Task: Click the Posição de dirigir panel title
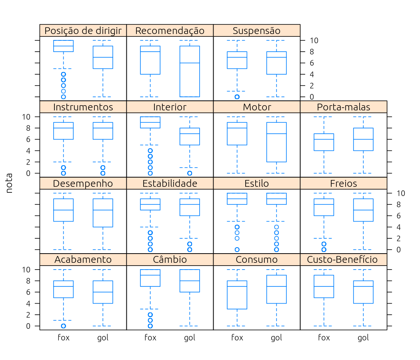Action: pyautogui.click(x=83, y=31)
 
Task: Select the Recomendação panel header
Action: pyautogui.click(x=170, y=31)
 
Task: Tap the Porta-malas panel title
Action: pyautogui.click(x=343, y=107)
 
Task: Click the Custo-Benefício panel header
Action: pyautogui.click(x=342, y=259)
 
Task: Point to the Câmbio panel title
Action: pyautogui.click(x=170, y=259)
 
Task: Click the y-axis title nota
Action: pyautogui.click(x=9, y=183)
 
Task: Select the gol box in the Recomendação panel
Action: pyautogui.click(x=190, y=71)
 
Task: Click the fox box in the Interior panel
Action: pyautogui.click(x=150, y=122)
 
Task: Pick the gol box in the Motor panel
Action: pyautogui.click(x=276, y=142)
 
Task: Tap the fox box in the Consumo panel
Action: pyautogui.click(x=237, y=295)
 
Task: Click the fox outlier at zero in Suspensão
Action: pyautogui.click(x=237, y=97)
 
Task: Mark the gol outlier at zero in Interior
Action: pyautogui.click(x=190, y=173)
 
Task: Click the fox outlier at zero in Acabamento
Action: pyautogui.click(x=64, y=326)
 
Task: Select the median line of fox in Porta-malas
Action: pyautogui.click(x=324, y=139)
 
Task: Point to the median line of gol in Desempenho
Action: pyautogui.click(x=103, y=210)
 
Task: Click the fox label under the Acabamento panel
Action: pyautogui.click(x=64, y=338)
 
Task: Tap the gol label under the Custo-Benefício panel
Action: pyautogui.click(x=363, y=338)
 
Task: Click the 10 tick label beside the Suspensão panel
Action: pyautogui.click(x=314, y=40)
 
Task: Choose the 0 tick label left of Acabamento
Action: pyautogui.click(x=28, y=326)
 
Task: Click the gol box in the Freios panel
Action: pyautogui.click(x=363, y=210)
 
